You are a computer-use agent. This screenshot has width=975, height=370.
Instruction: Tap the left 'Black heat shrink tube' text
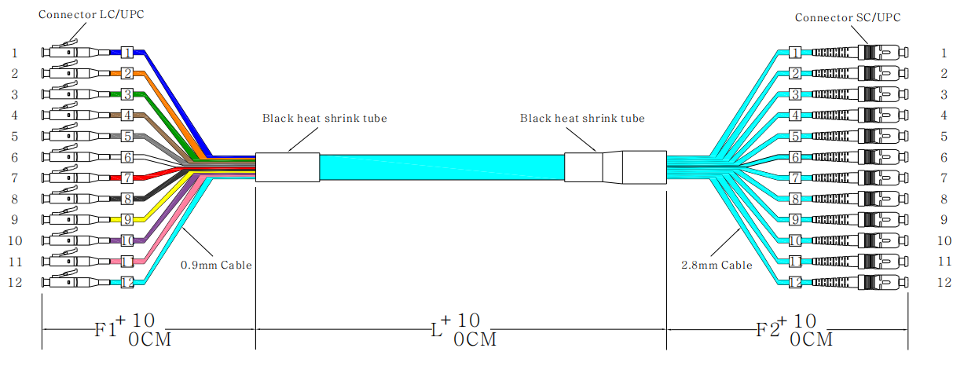tap(324, 119)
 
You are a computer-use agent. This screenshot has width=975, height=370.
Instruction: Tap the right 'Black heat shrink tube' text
tap(582, 119)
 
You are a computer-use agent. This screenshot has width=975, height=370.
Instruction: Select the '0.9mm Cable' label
tap(216, 266)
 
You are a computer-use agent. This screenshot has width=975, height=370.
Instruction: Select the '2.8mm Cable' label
tap(716, 266)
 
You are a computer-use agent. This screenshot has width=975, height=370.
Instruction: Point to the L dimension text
tap(464, 329)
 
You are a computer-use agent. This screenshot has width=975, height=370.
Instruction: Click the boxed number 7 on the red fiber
tap(126, 178)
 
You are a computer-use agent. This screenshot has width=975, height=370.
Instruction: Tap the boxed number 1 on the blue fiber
tap(126, 53)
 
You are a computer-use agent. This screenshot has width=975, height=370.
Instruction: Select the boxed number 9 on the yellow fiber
tap(126, 219)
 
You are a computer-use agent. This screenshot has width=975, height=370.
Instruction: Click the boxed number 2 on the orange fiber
tap(126, 74)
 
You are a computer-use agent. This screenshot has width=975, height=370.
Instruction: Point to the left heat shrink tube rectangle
tap(288, 167)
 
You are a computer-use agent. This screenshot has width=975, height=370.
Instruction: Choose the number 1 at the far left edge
tap(14, 53)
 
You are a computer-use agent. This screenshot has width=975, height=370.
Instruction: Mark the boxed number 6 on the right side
tap(795, 157)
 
